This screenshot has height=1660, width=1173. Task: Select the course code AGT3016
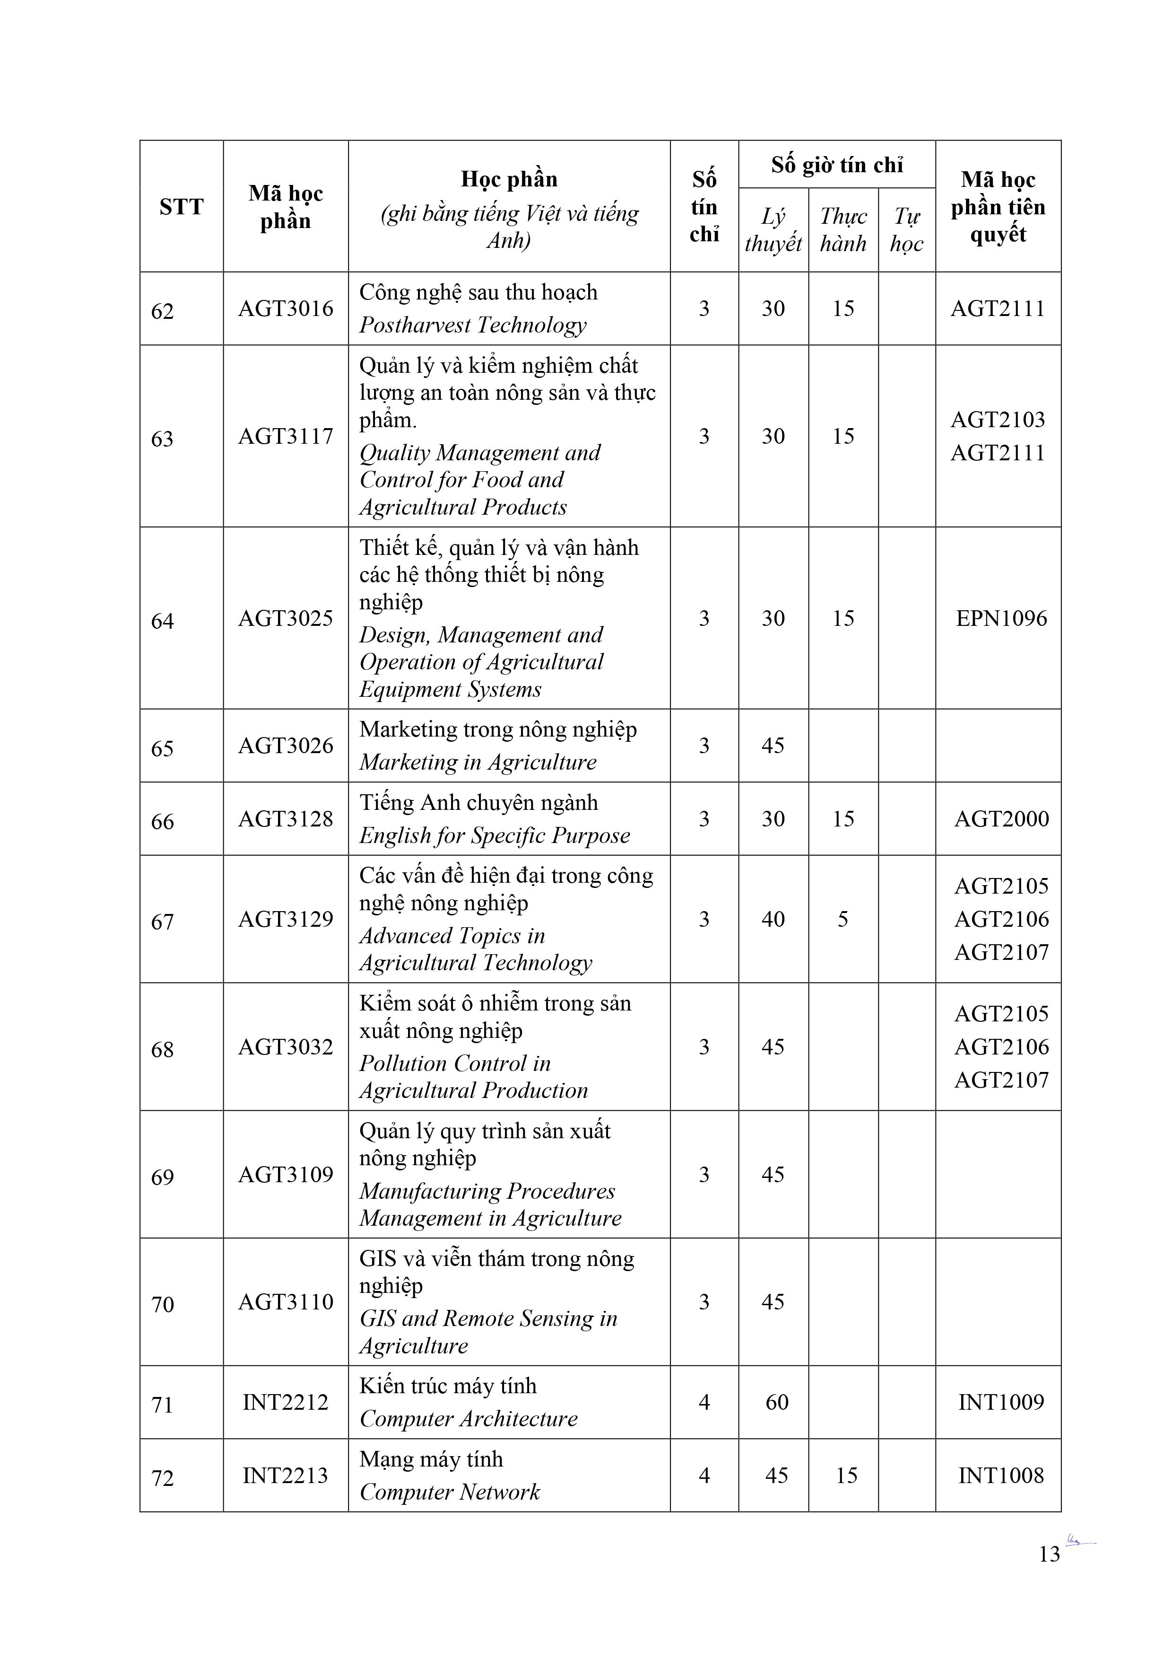(286, 309)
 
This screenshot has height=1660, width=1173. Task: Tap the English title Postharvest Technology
(473, 325)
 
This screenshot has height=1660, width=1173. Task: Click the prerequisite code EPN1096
(1001, 618)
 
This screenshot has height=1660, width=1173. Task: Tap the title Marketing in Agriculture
(478, 762)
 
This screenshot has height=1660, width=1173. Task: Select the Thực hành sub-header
(843, 230)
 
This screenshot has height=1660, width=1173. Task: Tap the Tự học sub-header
(906, 230)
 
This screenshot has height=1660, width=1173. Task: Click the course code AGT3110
(286, 1301)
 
